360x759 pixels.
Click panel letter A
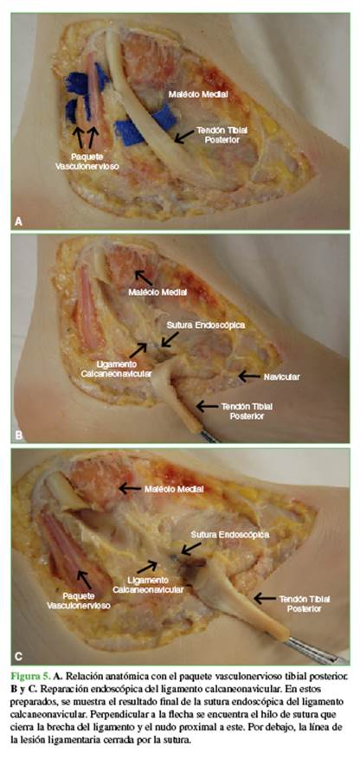[x=19, y=222]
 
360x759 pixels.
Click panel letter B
[x=19, y=434]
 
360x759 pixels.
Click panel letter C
[x=19, y=656]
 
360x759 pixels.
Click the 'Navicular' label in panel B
[x=281, y=376]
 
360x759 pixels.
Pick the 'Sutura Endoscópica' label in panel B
[x=206, y=325]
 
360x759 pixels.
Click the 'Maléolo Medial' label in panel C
[x=174, y=489]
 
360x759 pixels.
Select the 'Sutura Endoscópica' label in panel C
[x=230, y=534]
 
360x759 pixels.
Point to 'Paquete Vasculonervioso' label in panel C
[x=79, y=601]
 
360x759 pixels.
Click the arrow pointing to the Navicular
[x=249, y=376]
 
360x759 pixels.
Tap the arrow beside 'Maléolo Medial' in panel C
[x=130, y=488]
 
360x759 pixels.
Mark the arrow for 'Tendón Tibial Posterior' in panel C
[x=265, y=598]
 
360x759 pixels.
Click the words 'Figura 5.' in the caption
[x=29, y=675]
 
